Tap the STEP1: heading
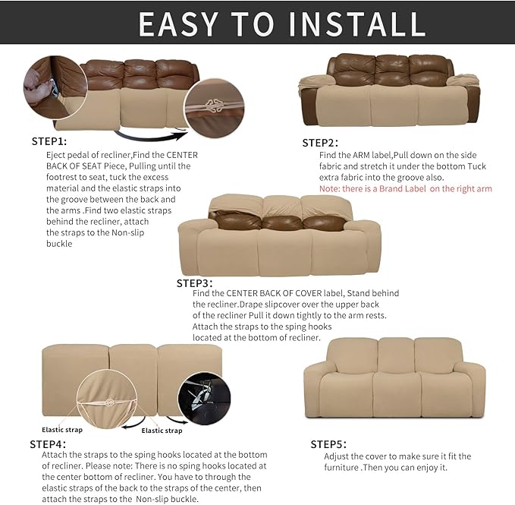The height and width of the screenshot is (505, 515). coord(49,141)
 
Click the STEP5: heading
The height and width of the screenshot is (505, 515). coord(328,443)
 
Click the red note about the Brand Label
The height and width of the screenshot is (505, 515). coord(405,188)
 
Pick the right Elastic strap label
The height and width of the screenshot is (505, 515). coord(162,431)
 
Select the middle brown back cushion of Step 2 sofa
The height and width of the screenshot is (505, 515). coord(392,71)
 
